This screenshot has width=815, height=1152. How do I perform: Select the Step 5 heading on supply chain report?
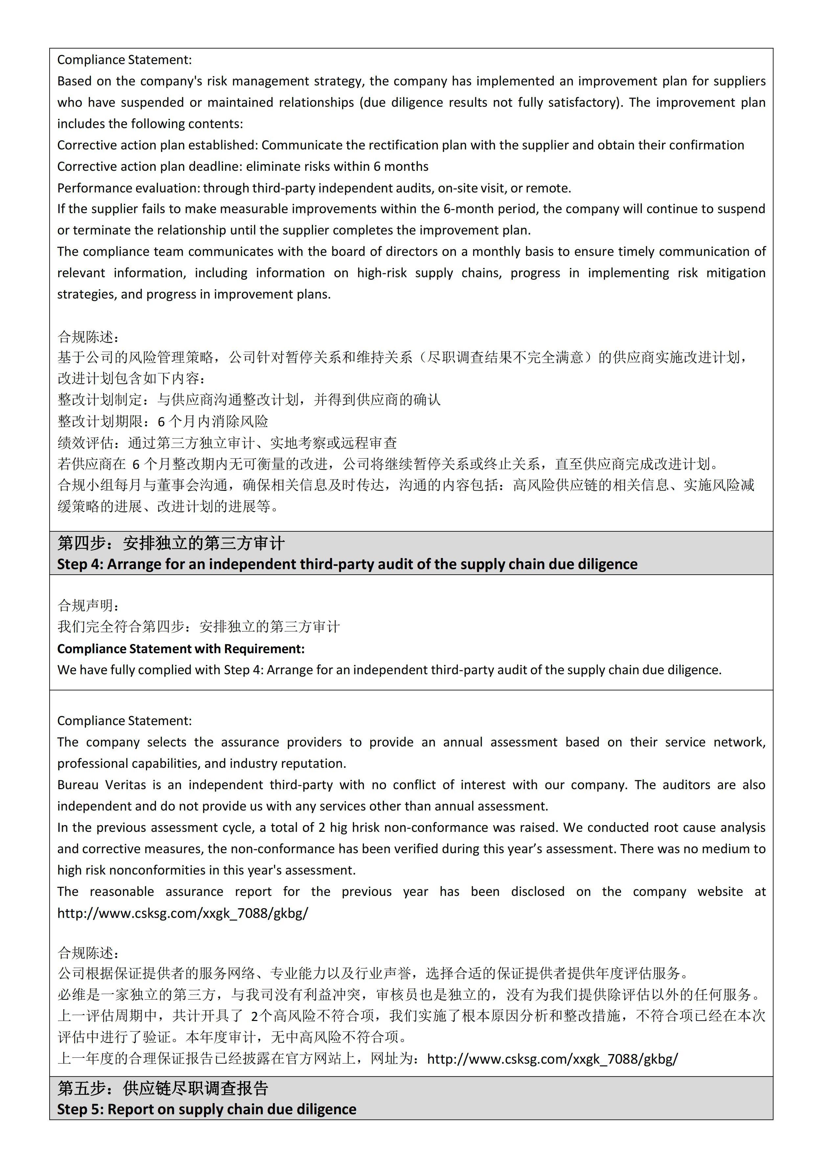click(x=206, y=1109)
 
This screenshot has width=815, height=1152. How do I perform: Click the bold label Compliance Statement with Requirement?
click(x=181, y=649)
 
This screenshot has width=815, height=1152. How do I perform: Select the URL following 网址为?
click(x=552, y=1059)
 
